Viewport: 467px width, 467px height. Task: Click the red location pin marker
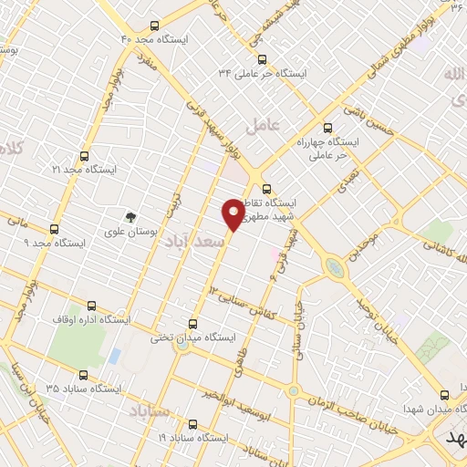pos(234,213)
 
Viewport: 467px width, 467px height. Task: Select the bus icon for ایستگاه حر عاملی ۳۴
pos(263,59)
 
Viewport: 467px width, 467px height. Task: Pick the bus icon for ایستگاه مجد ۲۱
pos(85,157)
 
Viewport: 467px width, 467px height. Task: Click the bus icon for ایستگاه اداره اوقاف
pos(90,306)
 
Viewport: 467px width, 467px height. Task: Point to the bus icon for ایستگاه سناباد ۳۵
pos(85,375)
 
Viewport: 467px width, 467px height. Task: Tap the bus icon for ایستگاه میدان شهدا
pos(444,395)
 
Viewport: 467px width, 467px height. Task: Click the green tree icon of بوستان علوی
pos(132,217)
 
